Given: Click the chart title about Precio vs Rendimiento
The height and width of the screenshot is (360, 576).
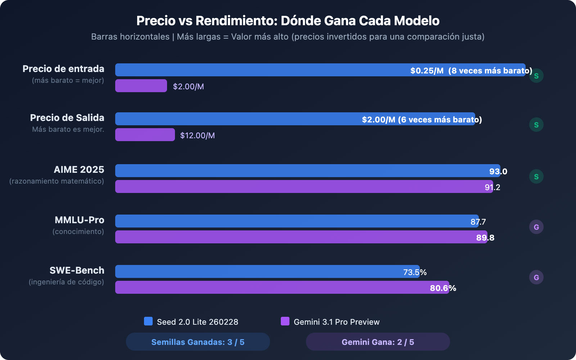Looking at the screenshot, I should pos(288,21).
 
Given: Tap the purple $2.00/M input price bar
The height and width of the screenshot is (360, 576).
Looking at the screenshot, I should pos(141,86).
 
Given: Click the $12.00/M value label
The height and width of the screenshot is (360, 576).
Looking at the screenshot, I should pos(197,135).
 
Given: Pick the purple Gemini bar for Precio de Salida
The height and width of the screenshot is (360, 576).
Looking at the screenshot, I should pos(145,135).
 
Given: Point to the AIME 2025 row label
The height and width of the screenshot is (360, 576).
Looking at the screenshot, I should pos(79,170).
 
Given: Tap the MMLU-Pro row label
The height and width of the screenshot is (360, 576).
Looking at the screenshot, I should pos(79,220).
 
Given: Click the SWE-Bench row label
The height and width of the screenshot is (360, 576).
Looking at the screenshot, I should pos(77,270).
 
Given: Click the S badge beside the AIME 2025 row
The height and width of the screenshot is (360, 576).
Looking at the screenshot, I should pos(536,176).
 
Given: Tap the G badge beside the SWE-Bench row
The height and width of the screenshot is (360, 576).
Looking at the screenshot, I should pos(536,277).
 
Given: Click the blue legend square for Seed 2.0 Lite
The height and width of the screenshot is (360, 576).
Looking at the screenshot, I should pos(148,321).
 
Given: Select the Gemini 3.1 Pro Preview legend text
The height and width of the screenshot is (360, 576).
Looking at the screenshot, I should pos(337,322).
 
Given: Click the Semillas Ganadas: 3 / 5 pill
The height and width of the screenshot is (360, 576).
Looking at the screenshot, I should pos(198,342).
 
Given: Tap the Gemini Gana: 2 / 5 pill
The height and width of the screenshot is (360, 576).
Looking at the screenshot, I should pos(378,342).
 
